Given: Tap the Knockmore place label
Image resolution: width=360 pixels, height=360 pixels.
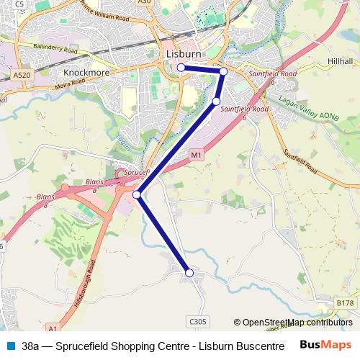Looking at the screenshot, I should [86, 73].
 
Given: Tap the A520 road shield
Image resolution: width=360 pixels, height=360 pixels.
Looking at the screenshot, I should [21, 74].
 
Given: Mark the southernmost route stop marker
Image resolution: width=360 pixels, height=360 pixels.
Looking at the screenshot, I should [189, 273].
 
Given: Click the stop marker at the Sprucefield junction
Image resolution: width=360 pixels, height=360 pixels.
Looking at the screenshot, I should [136, 194].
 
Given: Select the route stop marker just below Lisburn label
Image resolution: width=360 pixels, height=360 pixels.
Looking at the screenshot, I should [181, 68].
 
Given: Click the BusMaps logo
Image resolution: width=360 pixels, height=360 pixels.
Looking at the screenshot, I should [326, 345].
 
